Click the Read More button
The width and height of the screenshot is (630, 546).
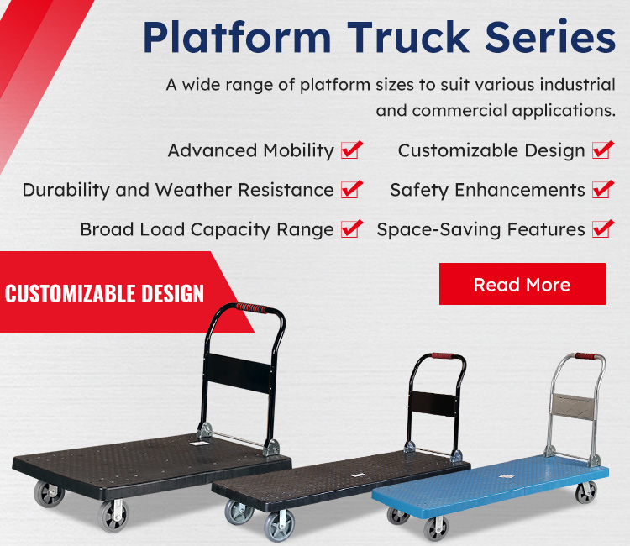[x=522, y=284]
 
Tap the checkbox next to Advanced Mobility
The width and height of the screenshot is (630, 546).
[x=352, y=150]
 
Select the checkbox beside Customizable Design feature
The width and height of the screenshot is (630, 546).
[x=602, y=150]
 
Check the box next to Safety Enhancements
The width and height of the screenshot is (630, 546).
[x=602, y=190]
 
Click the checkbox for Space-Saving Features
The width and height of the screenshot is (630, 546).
[x=602, y=229]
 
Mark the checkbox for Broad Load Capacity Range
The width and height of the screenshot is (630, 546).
[x=352, y=229]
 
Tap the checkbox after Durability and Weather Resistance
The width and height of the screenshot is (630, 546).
[x=352, y=190]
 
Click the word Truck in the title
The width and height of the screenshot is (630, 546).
[x=408, y=37]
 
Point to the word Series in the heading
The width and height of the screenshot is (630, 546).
[x=550, y=36]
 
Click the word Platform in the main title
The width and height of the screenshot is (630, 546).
[x=237, y=37]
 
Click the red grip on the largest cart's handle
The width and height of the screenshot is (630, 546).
[x=251, y=307]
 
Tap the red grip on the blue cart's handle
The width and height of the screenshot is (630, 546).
[x=585, y=356]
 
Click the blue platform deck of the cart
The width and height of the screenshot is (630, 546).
[x=491, y=482]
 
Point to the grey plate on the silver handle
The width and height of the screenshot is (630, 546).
[x=573, y=407]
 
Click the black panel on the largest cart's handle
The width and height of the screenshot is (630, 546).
[x=239, y=373]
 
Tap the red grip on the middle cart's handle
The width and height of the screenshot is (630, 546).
[x=443, y=356]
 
